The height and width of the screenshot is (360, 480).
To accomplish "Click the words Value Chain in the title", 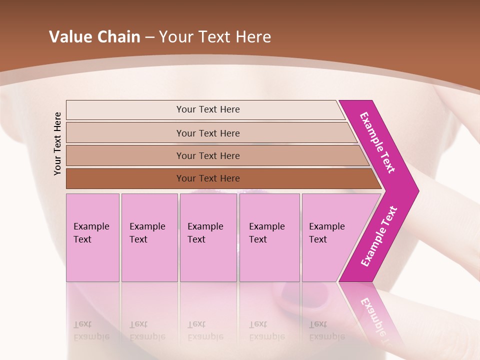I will click(x=94, y=37).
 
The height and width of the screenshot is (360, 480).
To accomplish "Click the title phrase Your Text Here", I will click(x=215, y=37).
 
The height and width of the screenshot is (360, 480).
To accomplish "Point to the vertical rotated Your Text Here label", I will click(x=57, y=143).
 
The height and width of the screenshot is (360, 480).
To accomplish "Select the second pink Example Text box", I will click(x=149, y=237).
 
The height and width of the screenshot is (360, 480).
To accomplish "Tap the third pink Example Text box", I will click(x=208, y=237).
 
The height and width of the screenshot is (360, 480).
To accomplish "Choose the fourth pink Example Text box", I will click(x=269, y=237).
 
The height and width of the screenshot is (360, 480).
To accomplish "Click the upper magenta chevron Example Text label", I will click(x=377, y=142).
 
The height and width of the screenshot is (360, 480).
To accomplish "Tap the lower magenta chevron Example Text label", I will click(x=378, y=236).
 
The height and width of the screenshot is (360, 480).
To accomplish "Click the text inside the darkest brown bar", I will click(x=208, y=178).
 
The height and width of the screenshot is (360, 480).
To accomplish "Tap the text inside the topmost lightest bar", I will click(x=208, y=109).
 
